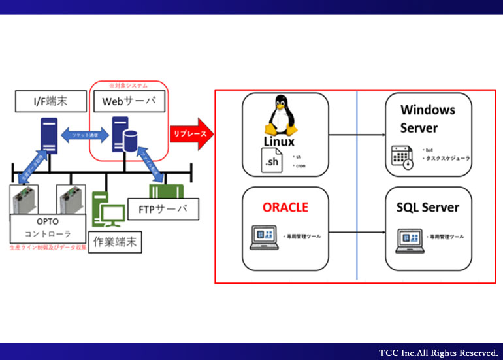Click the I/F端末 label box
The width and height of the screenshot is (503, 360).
click(x=41, y=101)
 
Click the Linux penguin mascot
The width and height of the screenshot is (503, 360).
click(x=280, y=116)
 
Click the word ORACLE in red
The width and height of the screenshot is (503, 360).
click(x=285, y=207)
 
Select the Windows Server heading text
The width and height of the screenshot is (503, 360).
click(x=428, y=119)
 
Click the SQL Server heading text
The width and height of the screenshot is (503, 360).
click(x=428, y=207)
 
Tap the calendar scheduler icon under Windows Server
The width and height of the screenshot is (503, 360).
click(x=401, y=157)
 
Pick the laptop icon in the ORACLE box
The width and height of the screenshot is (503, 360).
click(x=264, y=236)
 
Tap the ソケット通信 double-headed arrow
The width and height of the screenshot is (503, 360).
click(x=83, y=134)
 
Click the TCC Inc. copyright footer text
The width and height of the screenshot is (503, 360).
click(x=438, y=353)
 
